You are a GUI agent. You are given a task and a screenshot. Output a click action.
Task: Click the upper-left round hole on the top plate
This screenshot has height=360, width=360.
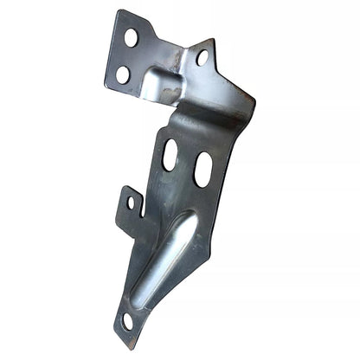[x=131, y=38]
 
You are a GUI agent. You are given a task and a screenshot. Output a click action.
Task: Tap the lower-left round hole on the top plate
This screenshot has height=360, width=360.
[x=123, y=74]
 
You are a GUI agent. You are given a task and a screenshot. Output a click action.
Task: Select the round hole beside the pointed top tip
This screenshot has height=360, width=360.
[x=202, y=58]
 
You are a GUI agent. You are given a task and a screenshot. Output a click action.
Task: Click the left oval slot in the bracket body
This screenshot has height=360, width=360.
[x=170, y=154]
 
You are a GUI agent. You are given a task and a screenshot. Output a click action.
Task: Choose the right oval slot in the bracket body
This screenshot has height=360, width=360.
[x=203, y=169]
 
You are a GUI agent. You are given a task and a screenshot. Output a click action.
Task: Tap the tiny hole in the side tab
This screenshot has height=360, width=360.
[x=132, y=203]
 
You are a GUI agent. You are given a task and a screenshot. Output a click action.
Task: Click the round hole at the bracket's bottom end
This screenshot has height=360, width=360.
[x=129, y=321]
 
